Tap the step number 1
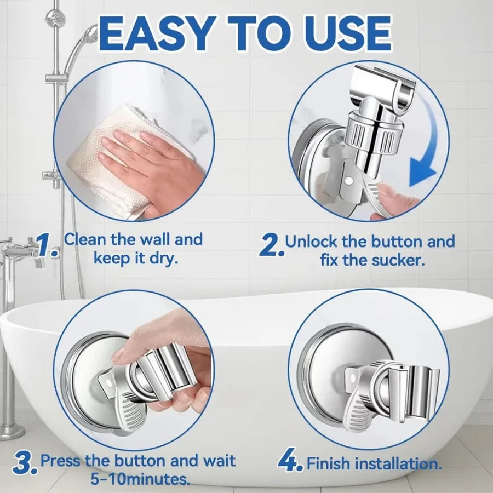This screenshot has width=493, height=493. click(48, 245)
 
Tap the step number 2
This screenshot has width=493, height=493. click(271, 246)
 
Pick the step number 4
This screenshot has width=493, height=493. click(290, 463)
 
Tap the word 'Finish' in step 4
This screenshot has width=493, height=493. click(329, 464)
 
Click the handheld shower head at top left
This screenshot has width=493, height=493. click(87, 41)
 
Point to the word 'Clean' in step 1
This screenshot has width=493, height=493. click(87, 239)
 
